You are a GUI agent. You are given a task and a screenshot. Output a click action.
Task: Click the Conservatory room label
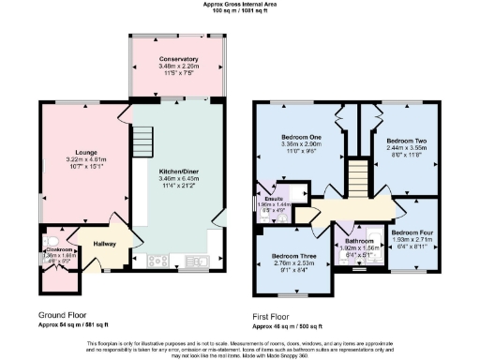[x=178, y=59]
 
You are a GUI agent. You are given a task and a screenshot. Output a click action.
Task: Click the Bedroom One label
[x=301, y=138]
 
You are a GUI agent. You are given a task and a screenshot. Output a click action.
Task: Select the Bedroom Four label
[x=412, y=232]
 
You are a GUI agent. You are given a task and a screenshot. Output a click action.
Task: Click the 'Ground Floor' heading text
[x=63, y=315]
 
